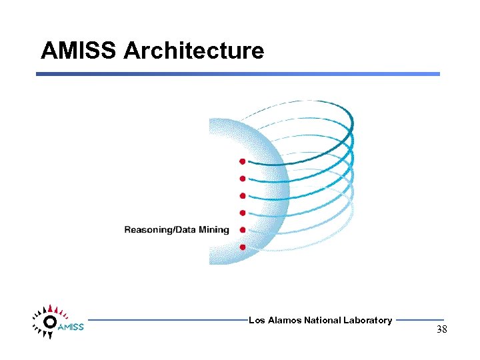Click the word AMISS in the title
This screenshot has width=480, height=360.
pyautogui.click(x=79, y=51)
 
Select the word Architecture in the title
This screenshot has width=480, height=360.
pyautogui.click(x=193, y=51)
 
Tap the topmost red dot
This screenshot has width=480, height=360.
pyautogui.click(x=243, y=161)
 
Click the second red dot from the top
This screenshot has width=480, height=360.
pyautogui.click(x=243, y=179)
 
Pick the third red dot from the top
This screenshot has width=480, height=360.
pyautogui.click(x=243, y=196)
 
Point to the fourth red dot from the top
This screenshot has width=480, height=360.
pyautogui.click(x=243, y=213)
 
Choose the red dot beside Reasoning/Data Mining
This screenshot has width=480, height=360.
pyautogui.click(x=243, y=230)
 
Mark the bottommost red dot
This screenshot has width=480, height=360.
pyautogui.click(x=243, y=247)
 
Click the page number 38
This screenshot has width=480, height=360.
pyautogui.click(x=441, y=329)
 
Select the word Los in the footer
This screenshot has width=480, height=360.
pyautogui.click(x=256, y=321)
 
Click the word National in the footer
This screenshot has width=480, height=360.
pyautogui.click(x=322, y=321)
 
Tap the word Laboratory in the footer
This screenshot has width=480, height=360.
pyautogui.click(x=367, y=321)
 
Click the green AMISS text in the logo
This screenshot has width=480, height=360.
pyautogui.click(x=71, y=327)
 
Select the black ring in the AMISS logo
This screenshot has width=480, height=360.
pyautogui.click(x=49, y=322)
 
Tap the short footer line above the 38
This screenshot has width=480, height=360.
pyautogui.click(x=419, y=320)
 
